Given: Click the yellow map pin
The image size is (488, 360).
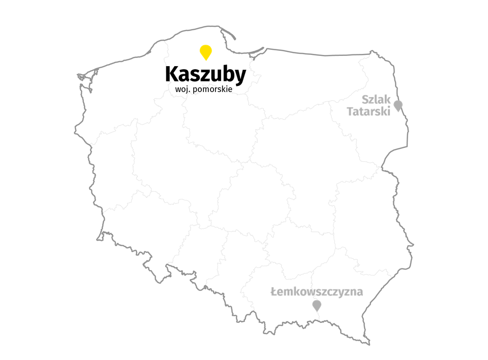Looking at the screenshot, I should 205,51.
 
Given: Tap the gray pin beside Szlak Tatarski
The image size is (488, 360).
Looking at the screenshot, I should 398,105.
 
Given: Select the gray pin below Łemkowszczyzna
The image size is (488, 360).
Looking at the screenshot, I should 317,305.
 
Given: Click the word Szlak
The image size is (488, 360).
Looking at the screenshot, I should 376,99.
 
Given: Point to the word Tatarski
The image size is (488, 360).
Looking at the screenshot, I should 369,111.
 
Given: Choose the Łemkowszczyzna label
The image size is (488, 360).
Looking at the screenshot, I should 317,292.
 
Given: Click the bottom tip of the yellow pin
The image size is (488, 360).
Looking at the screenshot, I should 205,61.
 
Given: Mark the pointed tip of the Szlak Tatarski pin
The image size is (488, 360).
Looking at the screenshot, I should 398,112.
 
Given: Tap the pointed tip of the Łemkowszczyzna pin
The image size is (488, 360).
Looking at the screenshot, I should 317,312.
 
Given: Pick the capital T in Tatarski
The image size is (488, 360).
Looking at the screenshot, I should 350,111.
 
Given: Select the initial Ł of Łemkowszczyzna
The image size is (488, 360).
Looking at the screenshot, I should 273,292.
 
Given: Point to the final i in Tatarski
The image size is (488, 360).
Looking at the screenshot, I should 389,111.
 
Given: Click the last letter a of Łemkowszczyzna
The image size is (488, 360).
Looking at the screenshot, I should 360,292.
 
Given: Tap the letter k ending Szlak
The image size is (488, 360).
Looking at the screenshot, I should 387,99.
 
